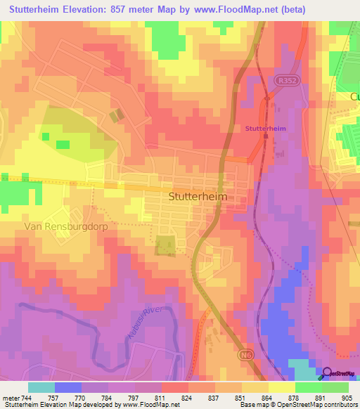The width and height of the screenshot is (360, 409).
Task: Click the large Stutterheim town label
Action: tap(198, 197)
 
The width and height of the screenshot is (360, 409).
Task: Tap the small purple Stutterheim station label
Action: tap(265, 129)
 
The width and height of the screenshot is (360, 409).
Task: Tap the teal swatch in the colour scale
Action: tap(41, 387)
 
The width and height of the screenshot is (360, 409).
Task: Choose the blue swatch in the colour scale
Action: tap(68, 387)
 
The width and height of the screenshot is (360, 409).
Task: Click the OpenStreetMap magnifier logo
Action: tap(326, 373)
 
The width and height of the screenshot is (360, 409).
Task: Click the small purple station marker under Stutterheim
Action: tap(266, 136)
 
